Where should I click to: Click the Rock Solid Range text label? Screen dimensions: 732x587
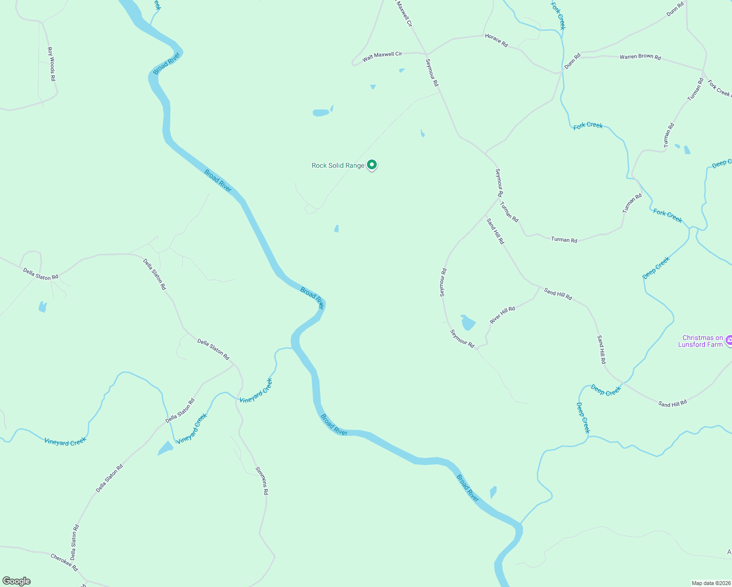point(338,166)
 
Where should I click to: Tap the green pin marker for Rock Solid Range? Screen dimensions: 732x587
point(372,165)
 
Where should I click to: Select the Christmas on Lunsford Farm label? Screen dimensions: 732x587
point(702,341)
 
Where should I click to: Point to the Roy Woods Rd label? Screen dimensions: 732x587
point(51,64)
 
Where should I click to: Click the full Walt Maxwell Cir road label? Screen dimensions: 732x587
point(382,57)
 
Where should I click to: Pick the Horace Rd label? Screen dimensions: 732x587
point(496,40)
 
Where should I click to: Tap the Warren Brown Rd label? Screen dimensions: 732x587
point(640,57)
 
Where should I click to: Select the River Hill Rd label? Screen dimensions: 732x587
point(503,315)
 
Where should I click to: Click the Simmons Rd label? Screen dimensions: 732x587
point(262,480)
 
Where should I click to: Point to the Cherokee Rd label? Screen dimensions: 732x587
point(64,562)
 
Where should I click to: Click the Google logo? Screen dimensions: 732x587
point(17,581)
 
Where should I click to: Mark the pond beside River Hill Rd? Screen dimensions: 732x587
point(468,322)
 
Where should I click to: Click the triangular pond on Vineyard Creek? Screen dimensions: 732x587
point(165,449)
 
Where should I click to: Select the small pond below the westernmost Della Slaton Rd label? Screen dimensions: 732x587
point(43,307)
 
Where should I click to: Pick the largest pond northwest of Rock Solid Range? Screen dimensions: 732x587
point(321,113)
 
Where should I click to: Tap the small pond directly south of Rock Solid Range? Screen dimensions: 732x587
point(337,228)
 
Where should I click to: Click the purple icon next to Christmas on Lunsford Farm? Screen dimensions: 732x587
point(729,340)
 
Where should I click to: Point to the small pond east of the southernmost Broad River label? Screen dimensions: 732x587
point(493,492)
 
